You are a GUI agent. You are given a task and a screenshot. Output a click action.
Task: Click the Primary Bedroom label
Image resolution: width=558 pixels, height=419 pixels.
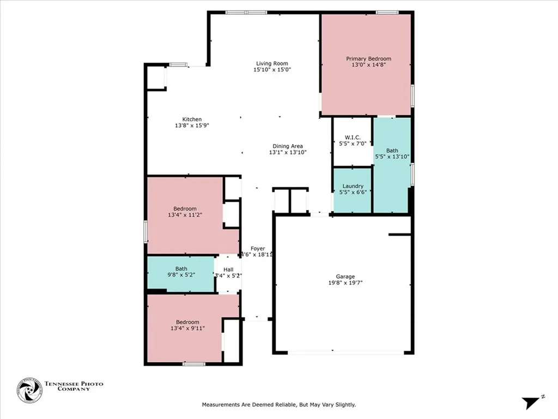point(368,58)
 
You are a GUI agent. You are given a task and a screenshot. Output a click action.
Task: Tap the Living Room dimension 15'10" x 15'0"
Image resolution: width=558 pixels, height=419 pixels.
point(272,70)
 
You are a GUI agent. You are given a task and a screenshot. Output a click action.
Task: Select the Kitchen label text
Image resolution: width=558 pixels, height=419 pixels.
point(192,119)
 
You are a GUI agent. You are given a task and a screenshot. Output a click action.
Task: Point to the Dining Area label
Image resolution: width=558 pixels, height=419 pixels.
point(288,146)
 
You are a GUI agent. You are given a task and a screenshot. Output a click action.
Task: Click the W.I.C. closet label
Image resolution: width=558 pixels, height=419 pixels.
point(353,137)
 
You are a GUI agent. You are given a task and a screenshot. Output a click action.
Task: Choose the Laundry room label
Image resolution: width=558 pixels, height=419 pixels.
point(353,186)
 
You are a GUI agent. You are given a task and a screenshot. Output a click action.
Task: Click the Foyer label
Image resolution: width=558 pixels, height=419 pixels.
point(258,248)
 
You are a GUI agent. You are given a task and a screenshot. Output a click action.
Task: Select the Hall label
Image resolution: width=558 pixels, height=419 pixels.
point(228,270)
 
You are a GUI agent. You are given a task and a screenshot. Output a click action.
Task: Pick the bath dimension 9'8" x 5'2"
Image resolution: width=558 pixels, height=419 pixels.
point(181,276)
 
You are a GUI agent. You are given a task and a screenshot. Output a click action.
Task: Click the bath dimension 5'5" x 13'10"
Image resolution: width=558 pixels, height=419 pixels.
point(392,157)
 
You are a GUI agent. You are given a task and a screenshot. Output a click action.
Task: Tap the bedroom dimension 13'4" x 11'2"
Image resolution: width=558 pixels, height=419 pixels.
point(185,216)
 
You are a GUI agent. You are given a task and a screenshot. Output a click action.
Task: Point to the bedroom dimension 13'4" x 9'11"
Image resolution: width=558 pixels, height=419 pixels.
point(187,328)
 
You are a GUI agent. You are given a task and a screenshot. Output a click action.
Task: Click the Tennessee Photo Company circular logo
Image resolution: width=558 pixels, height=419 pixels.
point(29,391)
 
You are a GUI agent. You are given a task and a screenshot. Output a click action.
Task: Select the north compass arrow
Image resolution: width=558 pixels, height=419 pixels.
point(531,403)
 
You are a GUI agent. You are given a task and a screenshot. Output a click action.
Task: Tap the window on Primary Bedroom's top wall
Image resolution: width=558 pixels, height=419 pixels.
point(386,13)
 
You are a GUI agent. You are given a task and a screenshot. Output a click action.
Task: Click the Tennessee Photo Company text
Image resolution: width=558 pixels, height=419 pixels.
point(74,386)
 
